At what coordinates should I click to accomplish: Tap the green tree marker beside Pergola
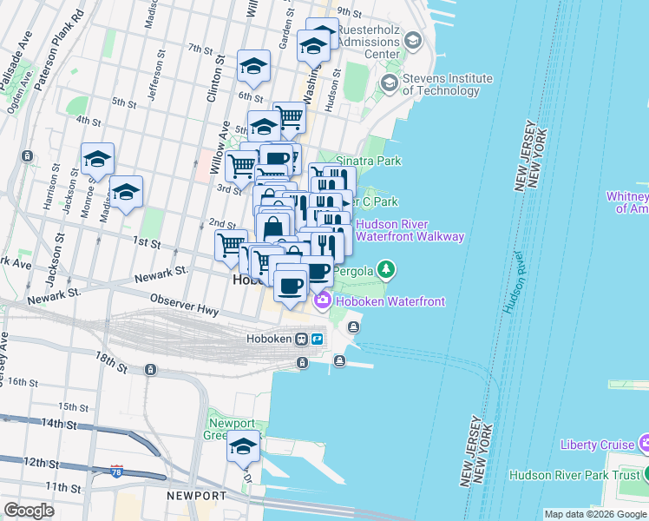tap(387, 272)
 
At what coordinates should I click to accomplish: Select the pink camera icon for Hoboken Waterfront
tap(323, 301)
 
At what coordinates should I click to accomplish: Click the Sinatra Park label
tap(369, 161)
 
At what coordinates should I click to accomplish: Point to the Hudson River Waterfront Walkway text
tap(410, 230)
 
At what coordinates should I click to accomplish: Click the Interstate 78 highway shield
tap(116, 472)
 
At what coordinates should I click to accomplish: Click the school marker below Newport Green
tap(244, 447)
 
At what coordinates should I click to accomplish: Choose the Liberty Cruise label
tap(597, 445)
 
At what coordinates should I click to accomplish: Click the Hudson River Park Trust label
tap(574, 475)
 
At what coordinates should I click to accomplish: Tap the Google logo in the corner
tap(29, 511)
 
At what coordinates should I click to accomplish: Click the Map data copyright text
tap(595, 514)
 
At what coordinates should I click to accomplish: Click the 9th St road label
tap(349, 11)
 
